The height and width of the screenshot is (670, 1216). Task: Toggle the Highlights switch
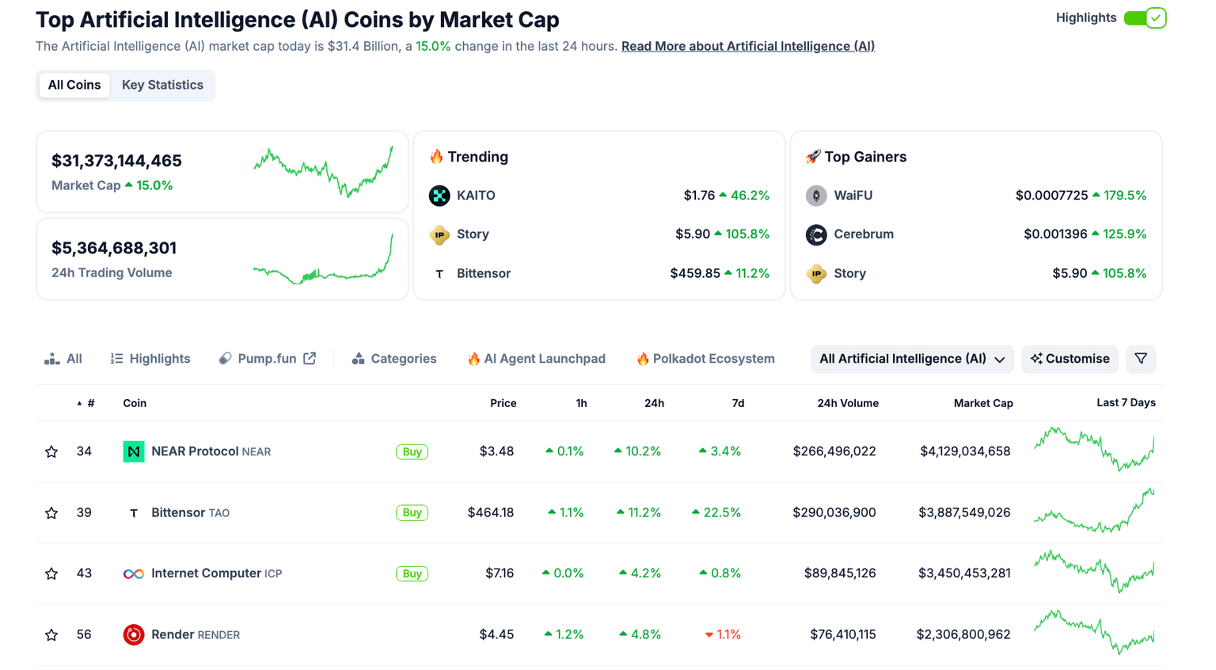click(1145, 17)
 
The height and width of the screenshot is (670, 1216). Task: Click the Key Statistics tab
click(162, 85)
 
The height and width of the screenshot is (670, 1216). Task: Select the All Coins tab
click(74, 85)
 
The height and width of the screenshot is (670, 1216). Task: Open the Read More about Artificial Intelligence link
click(747, 46)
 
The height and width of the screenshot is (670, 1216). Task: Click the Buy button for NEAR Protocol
click(412, 451)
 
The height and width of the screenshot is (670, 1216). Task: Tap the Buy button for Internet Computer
click(412, 573)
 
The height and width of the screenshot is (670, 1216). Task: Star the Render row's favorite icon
click(51, 634)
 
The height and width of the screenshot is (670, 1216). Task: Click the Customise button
click(1070, 359)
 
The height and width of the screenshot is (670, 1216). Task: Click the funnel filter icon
click(1141, 359)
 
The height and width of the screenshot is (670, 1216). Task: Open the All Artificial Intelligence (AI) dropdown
click(911, 359)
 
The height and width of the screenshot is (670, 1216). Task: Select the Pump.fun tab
click(267, 359)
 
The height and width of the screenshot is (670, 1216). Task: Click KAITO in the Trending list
click(475, 196)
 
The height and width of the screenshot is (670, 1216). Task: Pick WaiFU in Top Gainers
click(853, 196)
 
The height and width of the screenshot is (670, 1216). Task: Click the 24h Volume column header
click(847, 403)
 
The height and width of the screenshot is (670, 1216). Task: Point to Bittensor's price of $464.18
click(490, 512)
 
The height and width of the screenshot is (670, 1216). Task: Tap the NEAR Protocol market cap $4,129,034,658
click(964, 451)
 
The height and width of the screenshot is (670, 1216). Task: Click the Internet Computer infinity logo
click(133, 573)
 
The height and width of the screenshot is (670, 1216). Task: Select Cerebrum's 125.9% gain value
click(1123, 234)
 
